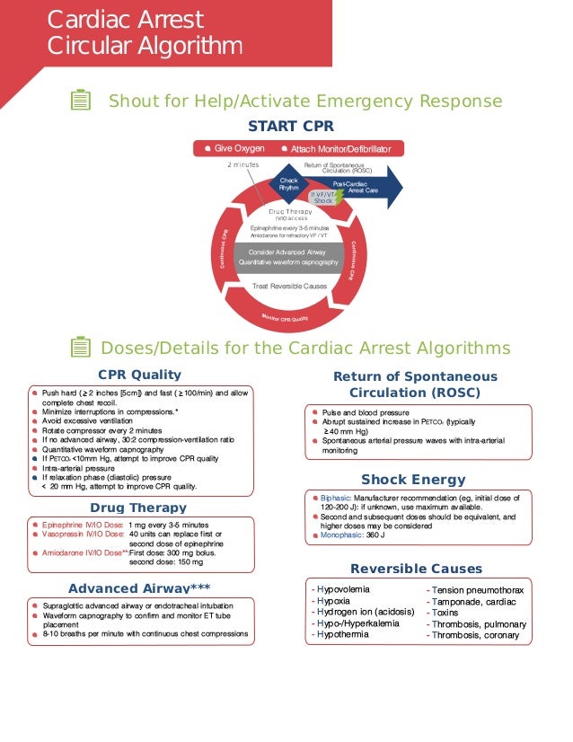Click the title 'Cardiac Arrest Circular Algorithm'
pyautogui.click(x=144, y=32)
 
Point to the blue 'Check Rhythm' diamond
pyautogui.click(x=289, y=184)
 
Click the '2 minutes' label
pyautogui.click(x=242, y=165)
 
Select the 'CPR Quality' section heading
pyautogui.click(x=138, y=375)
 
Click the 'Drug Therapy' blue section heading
pyautogui.click(x=138, y=508)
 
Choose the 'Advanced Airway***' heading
pyautogui.click(x=139, y=588)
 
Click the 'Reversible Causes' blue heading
pyautogui.click(x=416, y=569)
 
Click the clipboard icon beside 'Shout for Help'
pyautogui.click(x=80, y=101)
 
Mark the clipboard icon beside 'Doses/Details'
pyautogui.click(x=80, y=348)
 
